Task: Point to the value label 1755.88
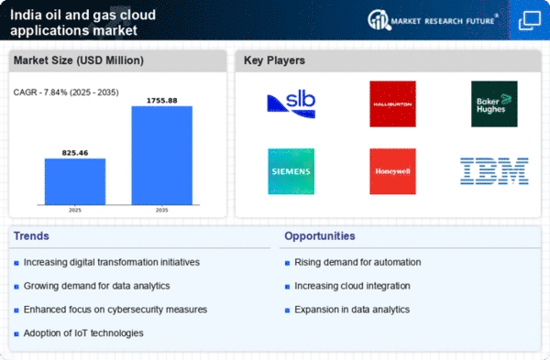[x=161, y=100]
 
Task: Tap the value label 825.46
[x=75, y=152]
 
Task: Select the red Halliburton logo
[x=392, y=104]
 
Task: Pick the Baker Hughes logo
[x=495, y=104]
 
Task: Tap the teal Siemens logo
[x=291, y=171]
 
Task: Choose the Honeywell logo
[x=392, y=171]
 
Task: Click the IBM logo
[x=495, y=170]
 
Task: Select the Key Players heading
[x=275, y=61]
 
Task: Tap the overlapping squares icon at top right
[x=529, y=20]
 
